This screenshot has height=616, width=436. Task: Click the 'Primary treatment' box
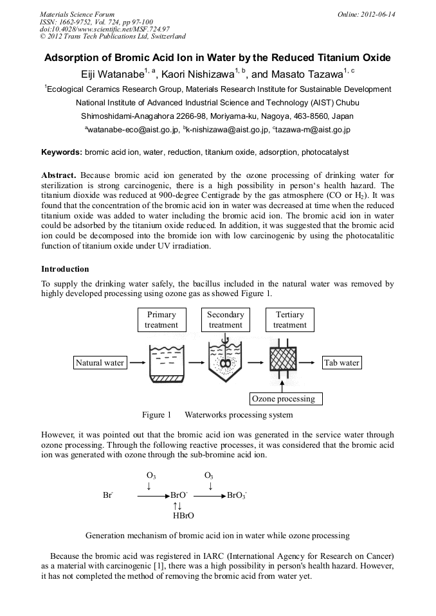(x=161, y=320)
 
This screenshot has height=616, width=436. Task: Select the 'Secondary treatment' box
(x=226, y=320)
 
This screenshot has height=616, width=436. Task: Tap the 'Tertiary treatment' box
(x=289, y=320)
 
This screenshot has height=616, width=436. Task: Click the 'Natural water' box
(x=100, y=363)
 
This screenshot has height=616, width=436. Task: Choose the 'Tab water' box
(x=341, y=363)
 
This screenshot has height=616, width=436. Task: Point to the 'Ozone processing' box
(x=284, y=399)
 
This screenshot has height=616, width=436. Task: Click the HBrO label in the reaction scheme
(x=183, y=515)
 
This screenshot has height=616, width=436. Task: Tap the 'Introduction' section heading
(x=65, y=268)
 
